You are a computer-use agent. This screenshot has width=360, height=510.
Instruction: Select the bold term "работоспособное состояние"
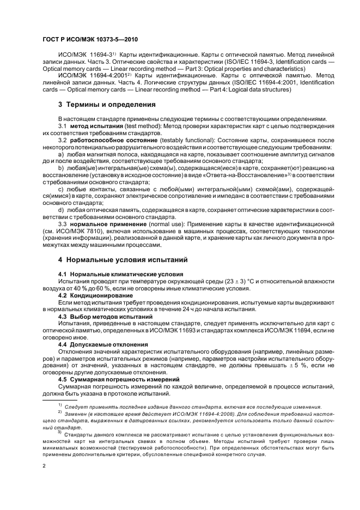tap(112, 141)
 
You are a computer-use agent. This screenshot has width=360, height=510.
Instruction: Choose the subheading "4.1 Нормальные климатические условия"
tap(120, 273)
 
